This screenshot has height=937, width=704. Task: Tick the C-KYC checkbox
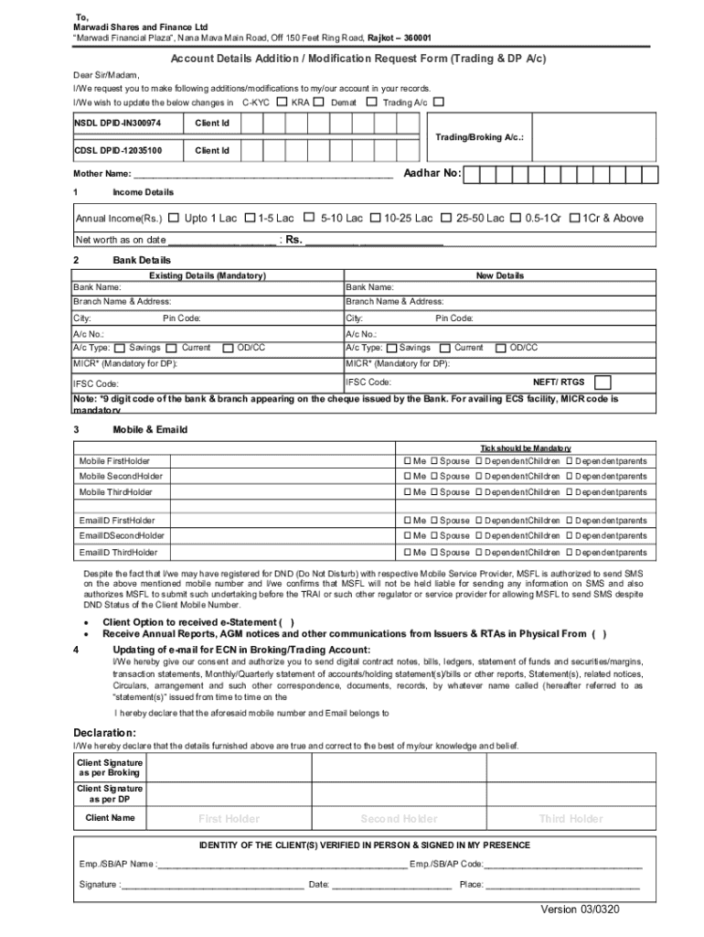[x=282, y=102]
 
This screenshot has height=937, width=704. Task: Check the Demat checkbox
[x=370, y=102]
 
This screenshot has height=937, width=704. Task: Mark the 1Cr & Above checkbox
[x=574, y=218]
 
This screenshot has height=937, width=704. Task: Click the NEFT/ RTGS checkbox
[x=603, y=382]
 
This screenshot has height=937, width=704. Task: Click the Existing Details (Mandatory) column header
[x=208, y=275]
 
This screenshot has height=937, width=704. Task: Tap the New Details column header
[x=499, y=275]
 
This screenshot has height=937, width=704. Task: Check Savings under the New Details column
[x=391, y=349]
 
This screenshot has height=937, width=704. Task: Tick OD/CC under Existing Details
[x=229, y=349]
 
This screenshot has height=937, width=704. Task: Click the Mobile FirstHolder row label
[x=114, y=461]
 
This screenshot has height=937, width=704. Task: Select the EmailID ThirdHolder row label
[x=118, y=553]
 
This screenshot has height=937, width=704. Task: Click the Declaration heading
[x=104, y=733]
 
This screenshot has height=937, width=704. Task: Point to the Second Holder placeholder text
[x=399, y=819]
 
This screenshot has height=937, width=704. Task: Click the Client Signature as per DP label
[x=110, y=793]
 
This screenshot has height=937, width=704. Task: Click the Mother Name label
[x=101, y=174]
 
